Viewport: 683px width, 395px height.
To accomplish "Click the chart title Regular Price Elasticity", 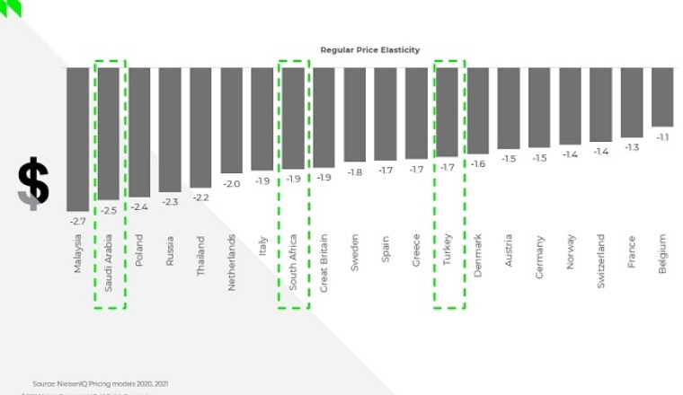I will point(369,50).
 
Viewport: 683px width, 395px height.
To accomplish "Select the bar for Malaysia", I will point(77,138).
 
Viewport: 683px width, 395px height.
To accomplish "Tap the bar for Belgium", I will point(662,97).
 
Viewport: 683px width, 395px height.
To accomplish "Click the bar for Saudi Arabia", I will point(108,133).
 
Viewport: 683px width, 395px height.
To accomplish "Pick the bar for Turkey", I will point(447,111).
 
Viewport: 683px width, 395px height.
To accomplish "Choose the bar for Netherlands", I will point(231,119).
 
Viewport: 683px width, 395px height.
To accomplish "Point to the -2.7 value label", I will point(77,219).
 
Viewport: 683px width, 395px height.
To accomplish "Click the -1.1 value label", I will point(662,136).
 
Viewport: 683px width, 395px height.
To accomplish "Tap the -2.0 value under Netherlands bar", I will point(231,183).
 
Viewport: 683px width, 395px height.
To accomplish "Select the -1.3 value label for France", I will point(632,146).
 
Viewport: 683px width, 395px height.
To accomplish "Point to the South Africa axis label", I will point(293,261).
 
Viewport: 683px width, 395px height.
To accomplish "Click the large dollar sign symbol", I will point(33,183).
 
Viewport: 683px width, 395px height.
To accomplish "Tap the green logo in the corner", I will point(12,8).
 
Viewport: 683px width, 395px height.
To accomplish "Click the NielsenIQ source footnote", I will point(100,383).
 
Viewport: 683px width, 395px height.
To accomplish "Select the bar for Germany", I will point(539,107).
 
